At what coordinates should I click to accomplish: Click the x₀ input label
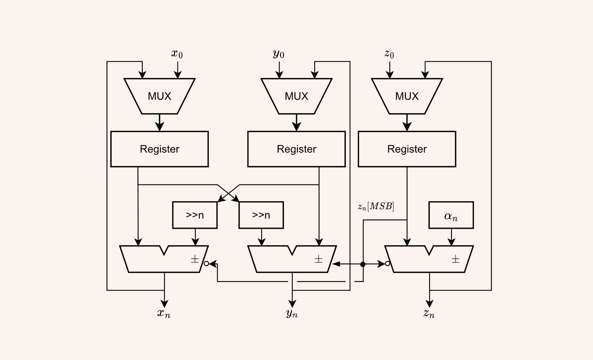[177, 54]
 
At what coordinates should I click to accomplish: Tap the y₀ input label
[278, 54]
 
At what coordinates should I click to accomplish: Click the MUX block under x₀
[160, 96]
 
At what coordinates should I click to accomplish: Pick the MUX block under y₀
[296, 96]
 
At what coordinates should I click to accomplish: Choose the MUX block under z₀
[407, 96]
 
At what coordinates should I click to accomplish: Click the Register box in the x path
[160, 149]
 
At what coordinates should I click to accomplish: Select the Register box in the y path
[296, 149]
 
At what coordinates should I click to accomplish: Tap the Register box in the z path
[407, 149]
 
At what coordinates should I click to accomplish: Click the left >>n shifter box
[195, 215]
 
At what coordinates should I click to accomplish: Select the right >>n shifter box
[261, 215]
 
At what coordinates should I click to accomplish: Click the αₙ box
[451, 215]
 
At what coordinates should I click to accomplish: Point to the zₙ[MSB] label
[376, 206]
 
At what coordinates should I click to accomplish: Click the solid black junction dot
[363, 264]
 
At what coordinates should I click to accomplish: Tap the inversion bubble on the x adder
[206, 264]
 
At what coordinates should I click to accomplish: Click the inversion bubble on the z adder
[387, 264]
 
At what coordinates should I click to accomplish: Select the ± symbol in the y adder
[318, 259]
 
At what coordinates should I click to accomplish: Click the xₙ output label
[164, 313]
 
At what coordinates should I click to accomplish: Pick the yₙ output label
[292, 313]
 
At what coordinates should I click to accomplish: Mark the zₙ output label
[429, 313]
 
